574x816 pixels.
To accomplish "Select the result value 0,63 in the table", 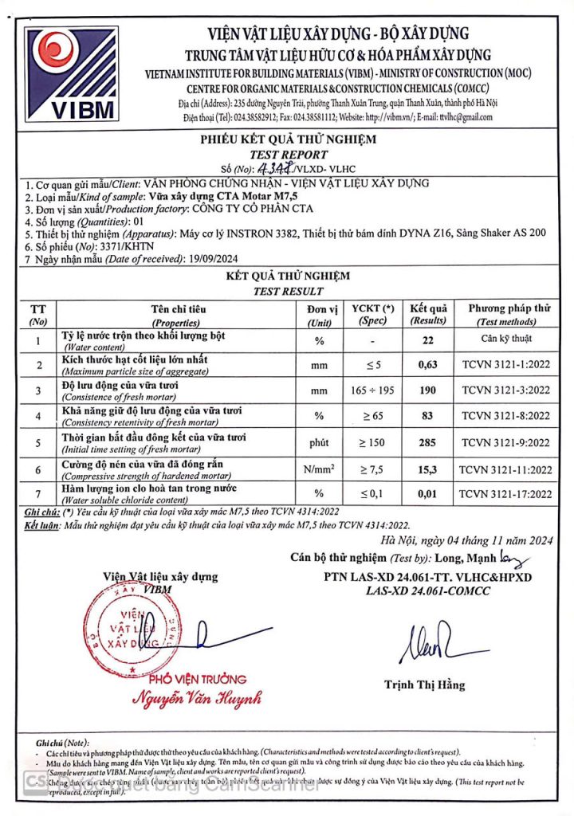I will click(429, 366).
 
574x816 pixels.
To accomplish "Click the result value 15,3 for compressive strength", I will click(429, 469).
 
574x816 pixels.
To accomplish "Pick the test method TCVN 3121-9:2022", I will click(506, 443).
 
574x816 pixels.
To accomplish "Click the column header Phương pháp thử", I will click(509, 308).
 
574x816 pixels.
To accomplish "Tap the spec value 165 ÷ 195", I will click(378, 391).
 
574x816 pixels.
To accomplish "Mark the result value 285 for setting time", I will click(429, 443).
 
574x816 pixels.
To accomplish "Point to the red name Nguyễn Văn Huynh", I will click(197, 699).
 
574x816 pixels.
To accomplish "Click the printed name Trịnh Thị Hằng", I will click(424, 685).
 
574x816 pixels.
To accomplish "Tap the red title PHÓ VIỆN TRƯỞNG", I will click(198, 679).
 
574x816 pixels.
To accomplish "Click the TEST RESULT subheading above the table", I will click(287, 292).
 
